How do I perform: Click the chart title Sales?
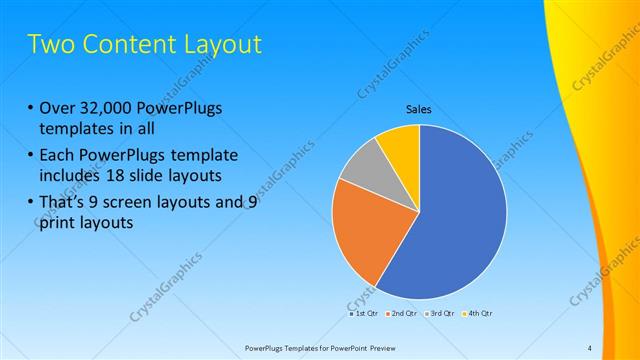[419, 109]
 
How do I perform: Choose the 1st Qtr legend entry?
[363, 313]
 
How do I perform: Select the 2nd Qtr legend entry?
[401, 313]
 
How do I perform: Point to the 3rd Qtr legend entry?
[440, 313]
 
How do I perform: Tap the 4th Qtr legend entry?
[478, 313]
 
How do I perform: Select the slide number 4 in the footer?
[589, 348]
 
